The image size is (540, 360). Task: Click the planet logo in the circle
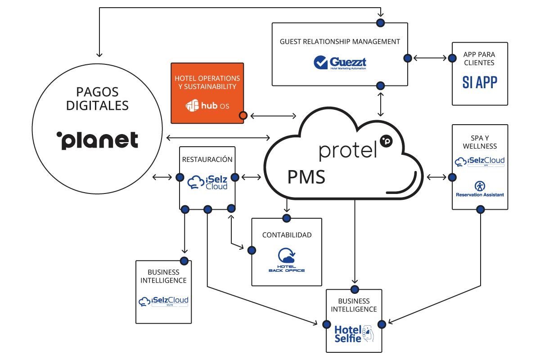(97, 140)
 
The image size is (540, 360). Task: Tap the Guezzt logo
(340, 63)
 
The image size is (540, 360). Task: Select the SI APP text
(480, 82)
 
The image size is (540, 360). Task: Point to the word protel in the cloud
(348, 150)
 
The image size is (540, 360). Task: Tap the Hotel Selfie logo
(354, 333)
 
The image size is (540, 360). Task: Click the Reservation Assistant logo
(480, 189)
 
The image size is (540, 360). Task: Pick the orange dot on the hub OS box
(243, 116)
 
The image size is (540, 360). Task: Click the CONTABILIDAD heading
(287, 235)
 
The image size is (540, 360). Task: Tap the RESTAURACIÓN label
(207, 159)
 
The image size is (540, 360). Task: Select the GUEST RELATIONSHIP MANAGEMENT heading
(340, 41)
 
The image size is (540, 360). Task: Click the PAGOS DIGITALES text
(97, 99)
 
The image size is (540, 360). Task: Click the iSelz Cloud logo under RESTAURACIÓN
(207, 182)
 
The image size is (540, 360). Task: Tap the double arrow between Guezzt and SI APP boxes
(429, 58)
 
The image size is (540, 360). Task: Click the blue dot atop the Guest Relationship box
(381, 22)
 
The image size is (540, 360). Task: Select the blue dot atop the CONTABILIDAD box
(286, 218)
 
